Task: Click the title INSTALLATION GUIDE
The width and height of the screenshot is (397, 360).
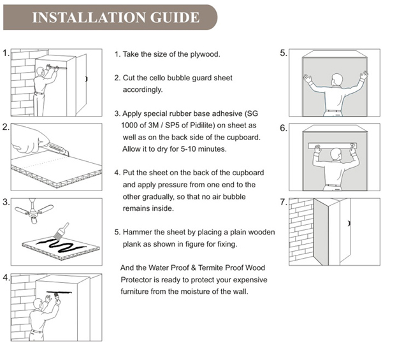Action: pyautogui.click(x=115, y=17)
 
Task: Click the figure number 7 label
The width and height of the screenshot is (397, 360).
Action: pyautogui.click(x=284, y=203)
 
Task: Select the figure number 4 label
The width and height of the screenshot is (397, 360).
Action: pyautogui.click(x=6, y=278)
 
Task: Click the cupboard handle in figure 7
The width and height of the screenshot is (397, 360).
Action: pyautogui.click(x=350, y=223)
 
